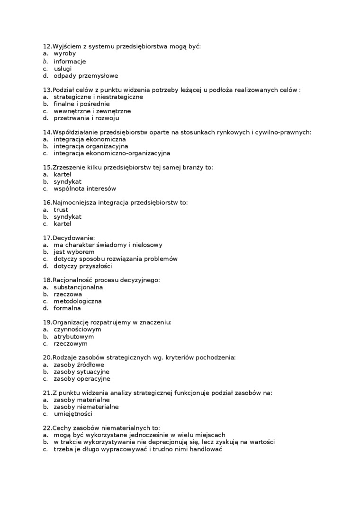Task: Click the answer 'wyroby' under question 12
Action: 64,54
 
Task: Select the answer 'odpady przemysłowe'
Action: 86,76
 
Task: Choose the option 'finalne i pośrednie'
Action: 81,104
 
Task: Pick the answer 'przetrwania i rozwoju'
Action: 86,118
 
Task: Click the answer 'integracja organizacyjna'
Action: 90,146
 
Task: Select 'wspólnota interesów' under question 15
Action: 84,188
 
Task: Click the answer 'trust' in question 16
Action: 61,210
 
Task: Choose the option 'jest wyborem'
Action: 74,252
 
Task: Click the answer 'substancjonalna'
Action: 78,287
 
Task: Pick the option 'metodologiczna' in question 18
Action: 78,301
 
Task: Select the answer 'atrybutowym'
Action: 73,337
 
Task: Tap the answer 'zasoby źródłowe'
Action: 79,365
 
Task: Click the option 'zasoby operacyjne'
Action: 81,379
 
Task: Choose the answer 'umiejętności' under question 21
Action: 73,414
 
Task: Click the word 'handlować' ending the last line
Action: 205,449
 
